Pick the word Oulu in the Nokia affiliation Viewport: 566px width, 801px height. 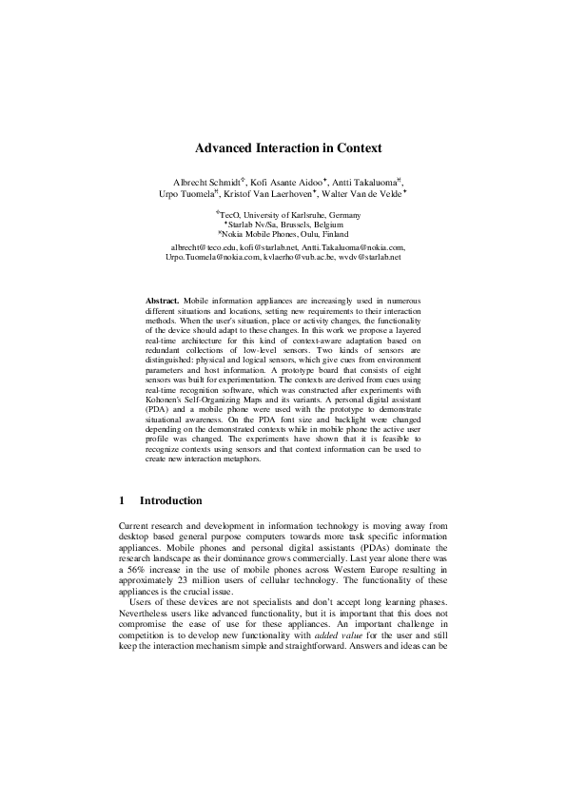pos(312,234)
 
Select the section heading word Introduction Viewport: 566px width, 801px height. pos(170,500)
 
